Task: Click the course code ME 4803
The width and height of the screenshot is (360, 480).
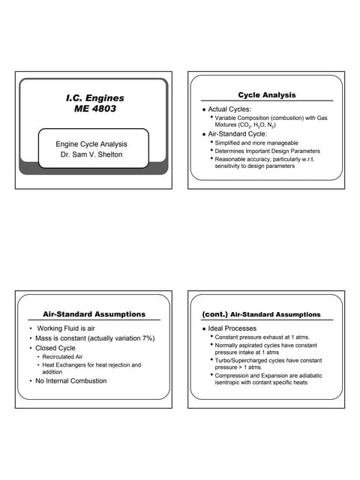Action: coord(94,109)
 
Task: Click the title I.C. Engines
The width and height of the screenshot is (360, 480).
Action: coord(94,97)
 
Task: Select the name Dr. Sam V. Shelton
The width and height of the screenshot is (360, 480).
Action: coord(91,156)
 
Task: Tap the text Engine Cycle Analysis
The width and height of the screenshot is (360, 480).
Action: coord(91,144)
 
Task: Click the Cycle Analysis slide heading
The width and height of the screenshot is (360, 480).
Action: coord(266,95)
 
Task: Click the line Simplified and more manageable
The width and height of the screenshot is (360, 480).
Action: coord(256,142)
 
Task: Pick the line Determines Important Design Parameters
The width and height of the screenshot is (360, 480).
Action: coord(267,151)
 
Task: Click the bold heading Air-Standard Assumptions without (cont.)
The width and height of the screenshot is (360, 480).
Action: coord(94,314)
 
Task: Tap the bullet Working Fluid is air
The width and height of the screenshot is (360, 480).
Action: coord(67,328)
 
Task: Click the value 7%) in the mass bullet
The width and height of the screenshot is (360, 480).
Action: coord(146,338)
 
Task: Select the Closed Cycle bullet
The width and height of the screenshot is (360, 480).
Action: coord(56,348)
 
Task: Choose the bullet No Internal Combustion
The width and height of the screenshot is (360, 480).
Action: coord(72,380)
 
